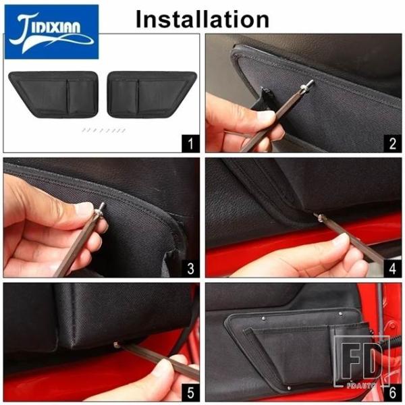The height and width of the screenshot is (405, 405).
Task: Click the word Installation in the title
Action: point(202,20)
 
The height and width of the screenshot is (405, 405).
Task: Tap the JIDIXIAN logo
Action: point(52,32)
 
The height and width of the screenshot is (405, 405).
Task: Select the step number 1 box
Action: point(190,143)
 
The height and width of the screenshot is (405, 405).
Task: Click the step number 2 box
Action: point(393,143)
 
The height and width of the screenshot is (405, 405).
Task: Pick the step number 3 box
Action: point(190,269)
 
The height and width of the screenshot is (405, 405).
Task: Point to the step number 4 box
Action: point(393,269)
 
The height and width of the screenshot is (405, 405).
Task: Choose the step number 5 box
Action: point(190,393)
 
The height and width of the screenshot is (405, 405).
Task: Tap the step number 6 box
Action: point(393,393)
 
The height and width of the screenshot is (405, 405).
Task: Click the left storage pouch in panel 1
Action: point(53,94)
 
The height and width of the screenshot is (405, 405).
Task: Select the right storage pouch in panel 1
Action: point(152,94)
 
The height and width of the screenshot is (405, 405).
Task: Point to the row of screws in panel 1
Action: point(104,130)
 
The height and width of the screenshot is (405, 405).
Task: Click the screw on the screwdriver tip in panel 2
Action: point(308,86)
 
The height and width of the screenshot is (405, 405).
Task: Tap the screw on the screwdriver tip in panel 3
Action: point(99,209)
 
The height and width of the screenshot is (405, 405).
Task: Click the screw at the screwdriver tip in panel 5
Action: point(116,344)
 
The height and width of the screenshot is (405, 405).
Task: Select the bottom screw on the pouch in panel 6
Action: point(289,387)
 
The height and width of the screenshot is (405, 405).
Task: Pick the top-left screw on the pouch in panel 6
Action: point(263,319)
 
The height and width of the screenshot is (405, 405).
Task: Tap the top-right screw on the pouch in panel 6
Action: point(340,314)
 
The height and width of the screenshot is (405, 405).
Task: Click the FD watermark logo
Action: point(361,362)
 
